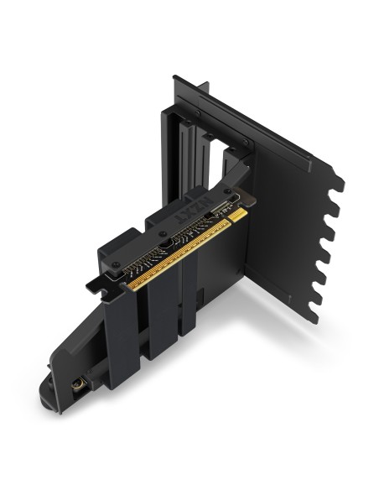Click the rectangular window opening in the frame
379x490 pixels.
coord(220,164)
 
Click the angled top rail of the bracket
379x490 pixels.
coord(268,126)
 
